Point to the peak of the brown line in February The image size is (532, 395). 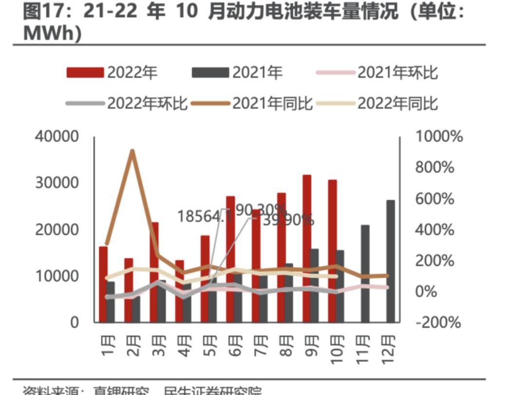132,151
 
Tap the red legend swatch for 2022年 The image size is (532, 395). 86,72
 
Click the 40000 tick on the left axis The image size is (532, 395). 57,137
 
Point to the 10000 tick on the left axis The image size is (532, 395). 57,276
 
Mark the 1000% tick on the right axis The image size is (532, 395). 439,137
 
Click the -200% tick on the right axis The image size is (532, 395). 438,322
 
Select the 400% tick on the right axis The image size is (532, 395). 436,230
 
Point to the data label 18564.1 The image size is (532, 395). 204,216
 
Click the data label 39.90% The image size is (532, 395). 288,220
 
